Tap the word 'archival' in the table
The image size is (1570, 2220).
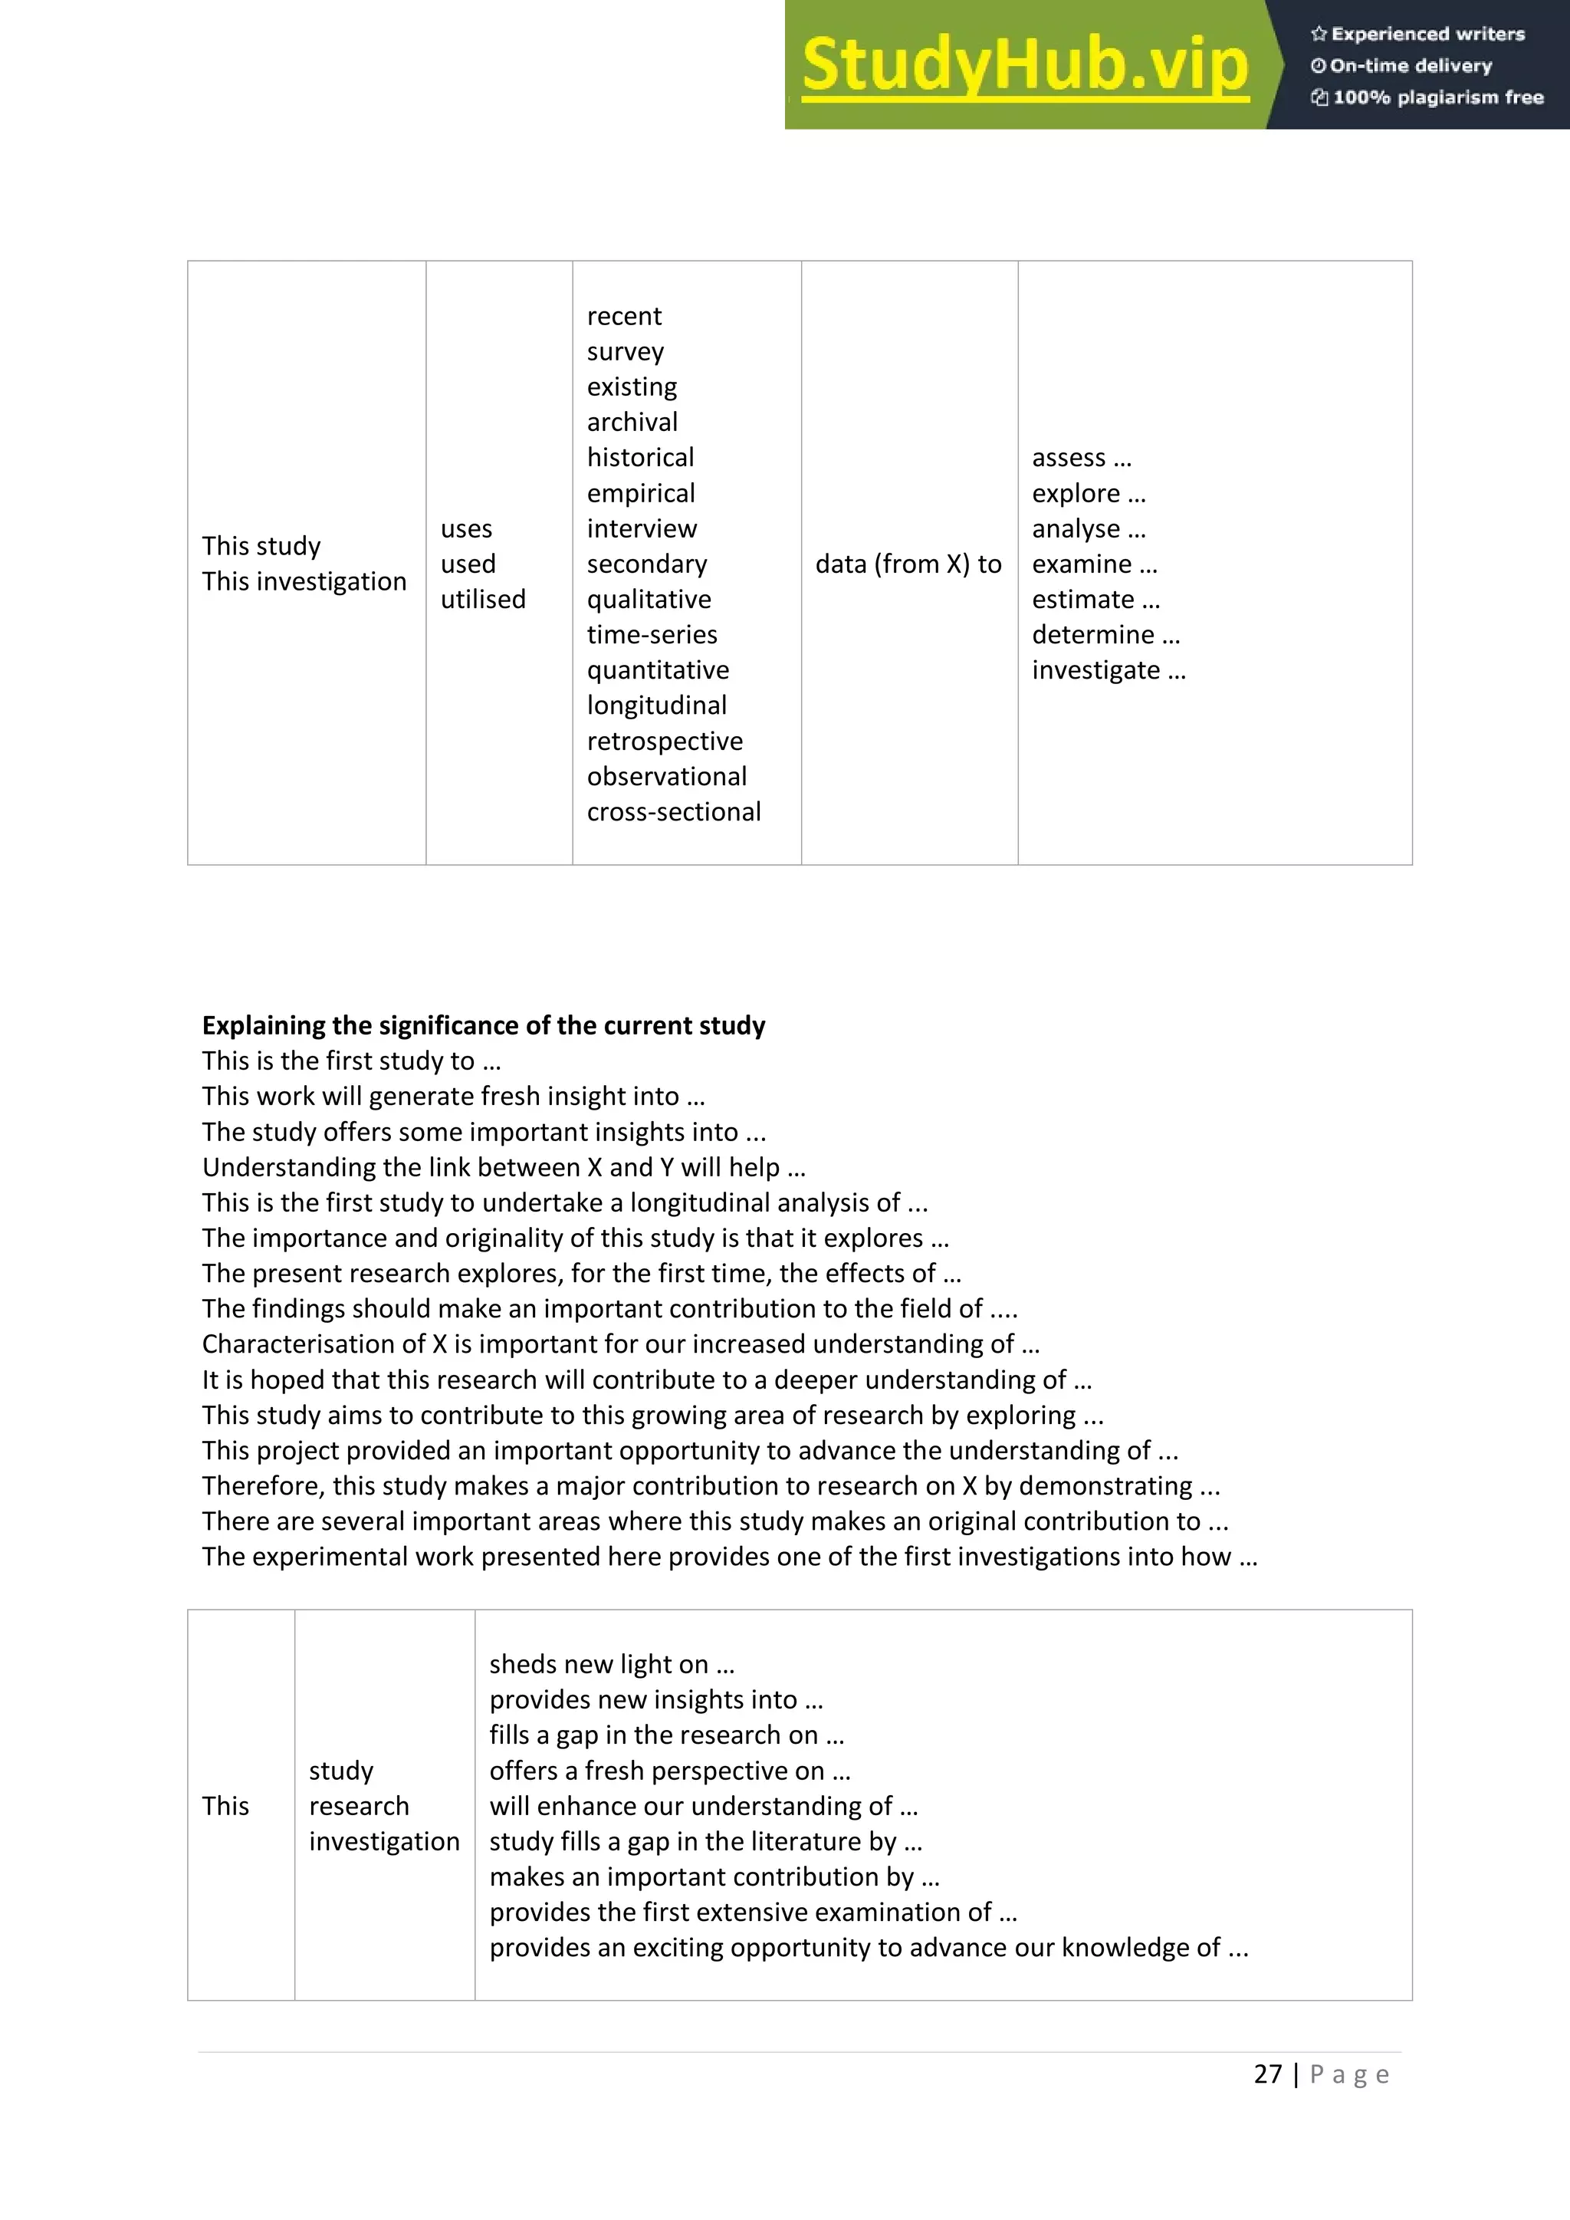click(x=632, y=423)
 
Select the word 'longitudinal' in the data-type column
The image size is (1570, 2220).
click(x=656, y=705)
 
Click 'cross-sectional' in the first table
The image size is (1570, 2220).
click(x=674, y=812)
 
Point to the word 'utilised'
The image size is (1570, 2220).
click(x=482, y=600)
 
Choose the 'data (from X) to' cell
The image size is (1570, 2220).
click(x=908, y=564)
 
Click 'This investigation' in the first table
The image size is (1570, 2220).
click(x=304, y=582)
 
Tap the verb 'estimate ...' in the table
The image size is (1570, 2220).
click(x=1095, y=600)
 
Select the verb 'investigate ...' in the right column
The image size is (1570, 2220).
click(x=1108, y=670)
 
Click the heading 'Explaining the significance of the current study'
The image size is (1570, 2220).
click(x=484, y=1025)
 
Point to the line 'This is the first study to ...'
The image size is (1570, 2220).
click(x=351, y=1061)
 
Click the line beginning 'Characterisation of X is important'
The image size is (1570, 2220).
click(x=621, y=1344)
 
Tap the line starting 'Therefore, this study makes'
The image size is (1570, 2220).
click(x=711, y=1485)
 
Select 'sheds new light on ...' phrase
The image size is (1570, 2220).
click(x=612, y=1664)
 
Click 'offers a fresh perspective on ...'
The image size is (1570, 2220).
click(x=669, y=1771)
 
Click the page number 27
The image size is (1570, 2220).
click(x=1267, y=2074)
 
